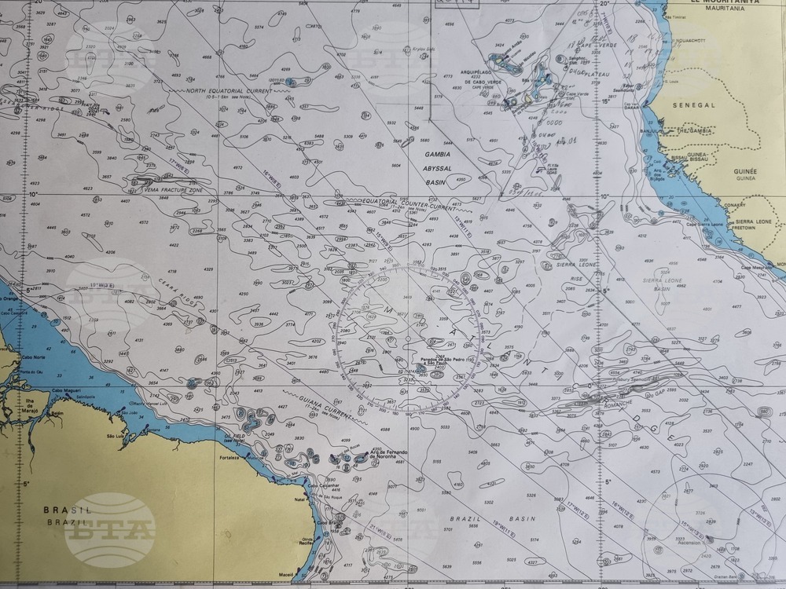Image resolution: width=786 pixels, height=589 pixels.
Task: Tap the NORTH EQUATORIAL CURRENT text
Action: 229,91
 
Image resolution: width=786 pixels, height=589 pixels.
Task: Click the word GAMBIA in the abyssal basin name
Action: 437,155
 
